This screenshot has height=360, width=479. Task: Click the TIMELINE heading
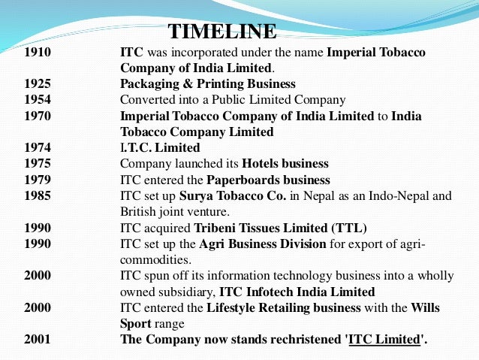(222, 32)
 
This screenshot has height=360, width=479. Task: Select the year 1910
(38, 53)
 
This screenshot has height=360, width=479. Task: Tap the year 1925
(38, 83)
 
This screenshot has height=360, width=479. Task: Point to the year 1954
(38, 99)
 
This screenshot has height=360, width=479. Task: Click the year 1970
(38, 116)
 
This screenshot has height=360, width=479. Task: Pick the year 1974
(38, 147)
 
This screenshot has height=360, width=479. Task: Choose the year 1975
(38, 163)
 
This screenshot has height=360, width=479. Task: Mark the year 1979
(38, 180)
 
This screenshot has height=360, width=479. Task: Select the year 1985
(38, 195)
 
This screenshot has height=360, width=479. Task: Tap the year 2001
(38, 339)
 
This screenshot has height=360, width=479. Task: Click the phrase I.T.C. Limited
(160, 147)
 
